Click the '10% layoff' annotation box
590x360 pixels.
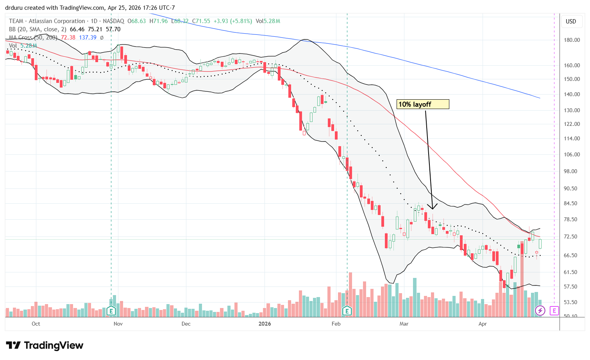pyautogui.click(x=423, y=104)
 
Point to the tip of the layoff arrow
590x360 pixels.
pyautogui.click(x=432, y=209)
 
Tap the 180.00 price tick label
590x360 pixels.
pyautogui.click(x=571, y=40)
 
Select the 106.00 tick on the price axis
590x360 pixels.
pyautogui.click(x=571, y=154)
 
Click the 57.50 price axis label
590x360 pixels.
pyautogui.click(x=571, y=287)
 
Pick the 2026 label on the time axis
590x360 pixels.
pyautogui.click(x=265, y=324)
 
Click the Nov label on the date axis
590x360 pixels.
pyautogui.click(x=118, y=324)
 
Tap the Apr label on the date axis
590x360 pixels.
pyautogui.click(x=483, y=324)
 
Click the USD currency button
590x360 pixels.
pyautogui.click(x=571, y=21)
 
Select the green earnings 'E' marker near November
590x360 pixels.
pyautogui.click(x=111, y=311)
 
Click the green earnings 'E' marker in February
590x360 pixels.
pyautogui.click(x=347, y=311)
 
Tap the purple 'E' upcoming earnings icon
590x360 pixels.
pyautogui.click(x=554, y=311)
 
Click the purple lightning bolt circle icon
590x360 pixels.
pyautogui.click(x=540, y=311)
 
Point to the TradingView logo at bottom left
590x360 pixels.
pyautogui.click(x=45, y=346)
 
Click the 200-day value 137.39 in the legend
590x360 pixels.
pyautogui.click(x=88, y=38)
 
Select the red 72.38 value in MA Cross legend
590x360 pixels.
pyautogui.click(x=68, y=38)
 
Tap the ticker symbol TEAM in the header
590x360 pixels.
pyautogui.click(x=16, y=21)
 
